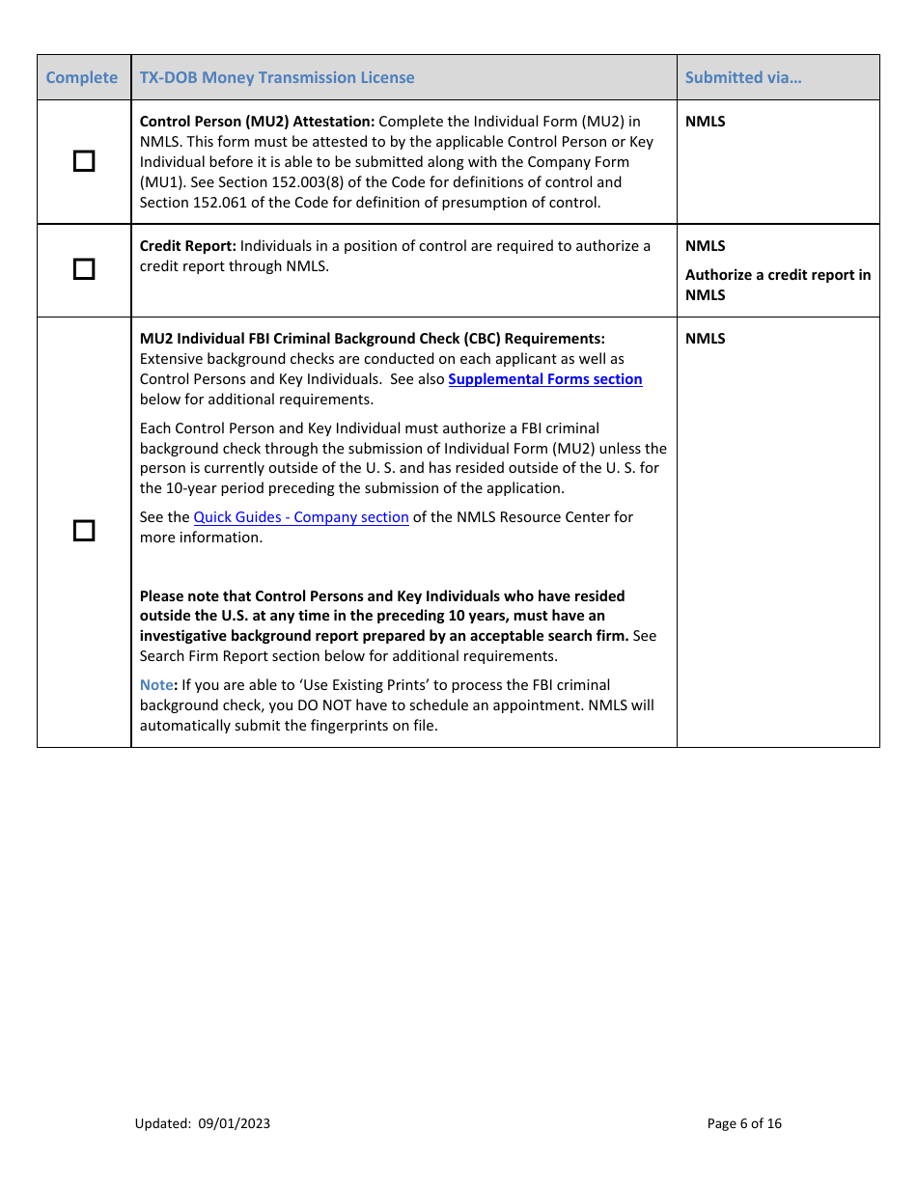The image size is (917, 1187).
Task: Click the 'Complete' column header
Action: pos(82,77)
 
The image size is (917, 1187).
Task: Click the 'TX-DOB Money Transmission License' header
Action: pos(277,77)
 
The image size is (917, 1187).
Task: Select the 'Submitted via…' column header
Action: pos(742,77)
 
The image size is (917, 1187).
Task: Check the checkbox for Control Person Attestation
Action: pos(85,161)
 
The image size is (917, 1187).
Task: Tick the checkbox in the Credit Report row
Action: pos(85,269)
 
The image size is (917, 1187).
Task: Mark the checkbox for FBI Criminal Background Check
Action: pos(85,531)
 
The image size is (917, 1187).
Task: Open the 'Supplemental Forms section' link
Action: pos(544,379)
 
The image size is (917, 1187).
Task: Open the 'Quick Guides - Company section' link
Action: pos(301,517)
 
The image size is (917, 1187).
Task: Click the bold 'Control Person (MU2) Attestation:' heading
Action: pos(257,122)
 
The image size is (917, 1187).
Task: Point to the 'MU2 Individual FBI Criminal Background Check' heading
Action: pos(372,339)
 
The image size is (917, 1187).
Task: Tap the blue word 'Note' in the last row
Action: pos(155,685)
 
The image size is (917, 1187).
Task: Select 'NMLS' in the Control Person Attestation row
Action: pos(705,122)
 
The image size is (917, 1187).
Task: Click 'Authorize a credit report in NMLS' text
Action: pos(777,285)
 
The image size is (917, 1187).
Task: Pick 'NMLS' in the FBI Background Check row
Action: pos(705,339)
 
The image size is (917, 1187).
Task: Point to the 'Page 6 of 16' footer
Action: pos(744,1123)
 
